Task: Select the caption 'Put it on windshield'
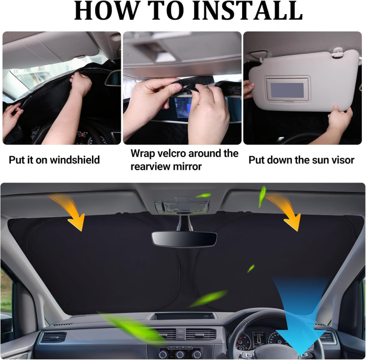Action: [x=54, y=160]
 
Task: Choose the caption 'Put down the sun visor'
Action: [x=301, y=160]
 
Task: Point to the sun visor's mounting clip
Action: [x=337, y=53]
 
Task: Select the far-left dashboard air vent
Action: [x=53, y=337]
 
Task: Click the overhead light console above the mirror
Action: [x=182, y=205]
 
